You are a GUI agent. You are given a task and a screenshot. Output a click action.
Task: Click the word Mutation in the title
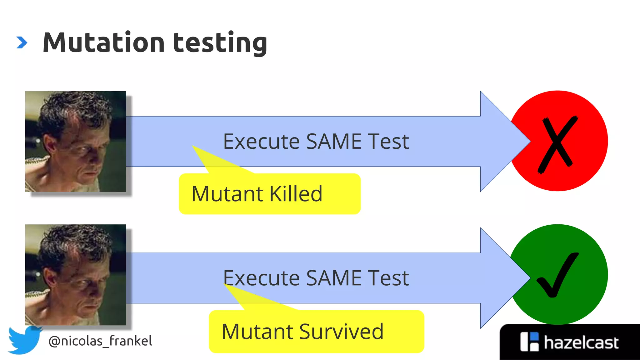point(103,42)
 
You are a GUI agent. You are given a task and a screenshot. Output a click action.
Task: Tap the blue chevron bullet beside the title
point(22,42)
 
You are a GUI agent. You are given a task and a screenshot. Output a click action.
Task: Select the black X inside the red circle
point(557,144)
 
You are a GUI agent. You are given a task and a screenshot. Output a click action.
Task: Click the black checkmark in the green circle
point(557,275)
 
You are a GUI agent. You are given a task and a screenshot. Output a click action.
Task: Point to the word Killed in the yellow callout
point(296,194)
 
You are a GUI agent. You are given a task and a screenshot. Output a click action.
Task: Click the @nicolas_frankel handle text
point(100,341)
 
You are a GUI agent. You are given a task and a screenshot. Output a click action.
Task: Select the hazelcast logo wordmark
point(581,342)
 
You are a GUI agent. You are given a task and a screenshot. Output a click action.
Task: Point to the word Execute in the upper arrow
point(261,141)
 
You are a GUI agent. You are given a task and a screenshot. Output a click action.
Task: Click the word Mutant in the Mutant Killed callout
point(227,194)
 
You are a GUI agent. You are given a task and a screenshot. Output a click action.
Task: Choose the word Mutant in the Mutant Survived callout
point(257,332)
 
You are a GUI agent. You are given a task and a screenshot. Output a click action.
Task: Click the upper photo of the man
point(76,141)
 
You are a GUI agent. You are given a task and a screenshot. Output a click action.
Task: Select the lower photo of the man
point(76,275)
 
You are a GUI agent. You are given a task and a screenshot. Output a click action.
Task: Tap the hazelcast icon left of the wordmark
point(529,342)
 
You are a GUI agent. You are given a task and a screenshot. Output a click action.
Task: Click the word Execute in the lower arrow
point(261,278)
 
